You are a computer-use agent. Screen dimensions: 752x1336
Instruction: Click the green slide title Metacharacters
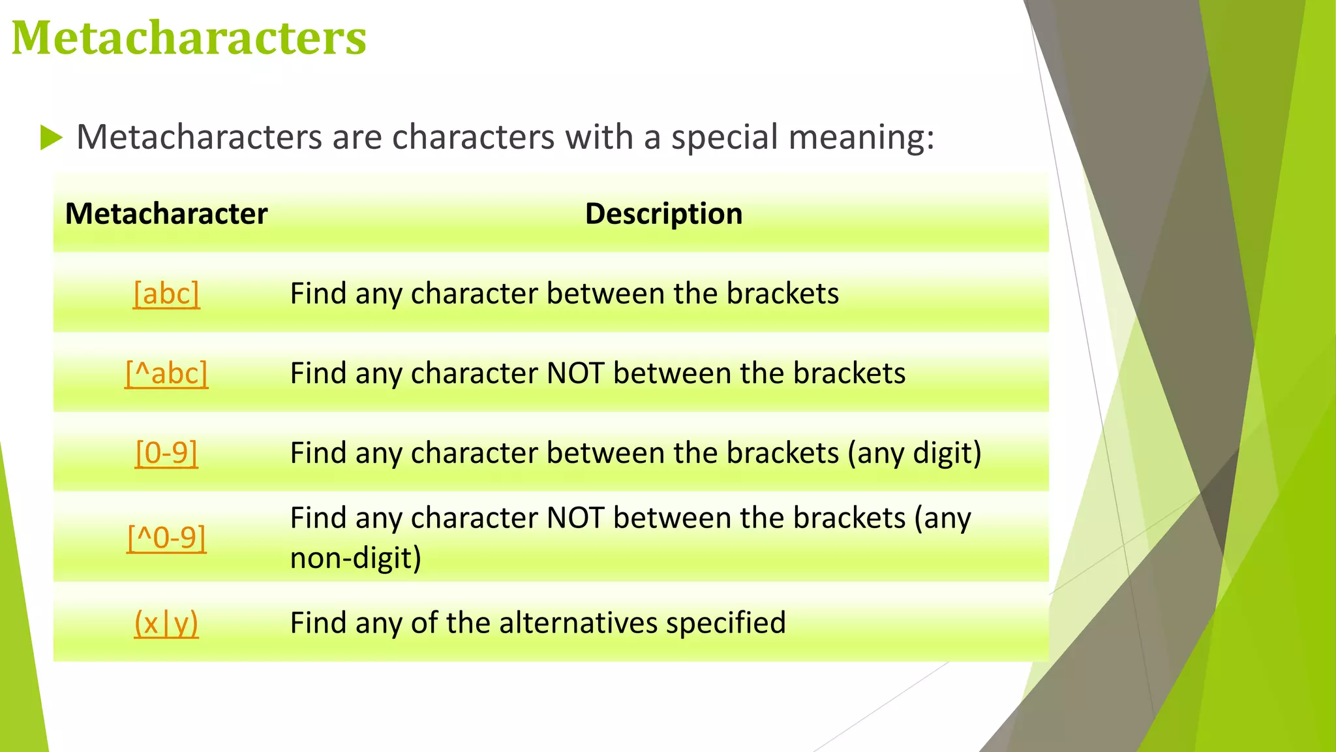[x=189, y=38]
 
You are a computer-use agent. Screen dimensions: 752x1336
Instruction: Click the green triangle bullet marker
[x=51, y=138]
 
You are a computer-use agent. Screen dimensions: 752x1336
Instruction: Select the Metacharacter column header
[x=166, y=214]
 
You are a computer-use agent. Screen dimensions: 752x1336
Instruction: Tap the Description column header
[x=663, y=214]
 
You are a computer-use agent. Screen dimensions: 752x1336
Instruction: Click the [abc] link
[x=166, y=294]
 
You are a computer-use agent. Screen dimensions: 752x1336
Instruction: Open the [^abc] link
[x=166, y=373]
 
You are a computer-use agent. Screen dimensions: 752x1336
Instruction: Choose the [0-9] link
[x=166, y=453]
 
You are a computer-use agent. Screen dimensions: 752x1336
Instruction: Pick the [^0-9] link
[x=166, y=538]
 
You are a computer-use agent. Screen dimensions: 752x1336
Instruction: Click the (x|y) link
[x=166, y=623]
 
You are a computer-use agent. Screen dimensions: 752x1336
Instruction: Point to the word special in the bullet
[x=723, y=138]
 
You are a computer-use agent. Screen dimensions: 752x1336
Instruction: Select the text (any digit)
[x=915, y=453]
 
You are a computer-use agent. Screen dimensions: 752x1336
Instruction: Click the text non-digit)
[x=356, y=558]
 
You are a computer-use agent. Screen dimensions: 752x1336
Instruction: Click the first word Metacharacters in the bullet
[x=200, y=138]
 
